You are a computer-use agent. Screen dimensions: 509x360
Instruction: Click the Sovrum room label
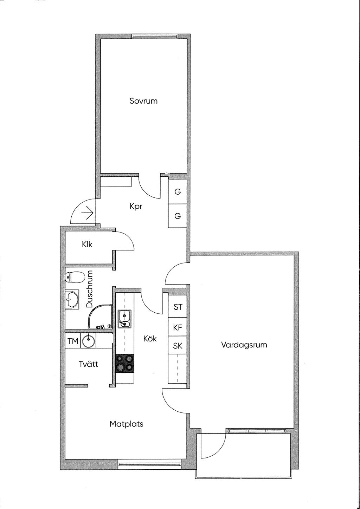tap(143, 101)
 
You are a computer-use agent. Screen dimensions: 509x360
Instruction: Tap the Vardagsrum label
tap(244, 345)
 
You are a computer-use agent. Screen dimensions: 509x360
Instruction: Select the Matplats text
tap(127, 424)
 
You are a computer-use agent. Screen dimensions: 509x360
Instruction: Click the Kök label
tap(150, 339)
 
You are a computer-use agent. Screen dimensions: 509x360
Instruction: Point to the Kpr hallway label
tap(136, 207)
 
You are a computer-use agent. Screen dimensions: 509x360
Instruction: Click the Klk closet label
tap(87, 244)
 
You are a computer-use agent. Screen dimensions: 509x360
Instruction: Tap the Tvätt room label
tap(88, 364)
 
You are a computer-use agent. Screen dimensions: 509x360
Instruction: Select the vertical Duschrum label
tap(90, 289)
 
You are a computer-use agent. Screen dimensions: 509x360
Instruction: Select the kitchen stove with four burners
tap(125, 363)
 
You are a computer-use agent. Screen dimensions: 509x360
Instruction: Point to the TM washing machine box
tap(73, 341)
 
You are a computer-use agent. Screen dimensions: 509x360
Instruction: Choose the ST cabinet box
tap(178, 307)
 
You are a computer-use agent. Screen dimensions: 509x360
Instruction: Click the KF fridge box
tap(178, 327)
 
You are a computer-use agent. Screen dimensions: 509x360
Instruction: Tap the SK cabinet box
tap(178, 346)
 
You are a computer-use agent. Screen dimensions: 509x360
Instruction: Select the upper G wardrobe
tap(178, 192)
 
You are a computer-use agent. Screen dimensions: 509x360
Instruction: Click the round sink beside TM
tap(88, 341)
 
